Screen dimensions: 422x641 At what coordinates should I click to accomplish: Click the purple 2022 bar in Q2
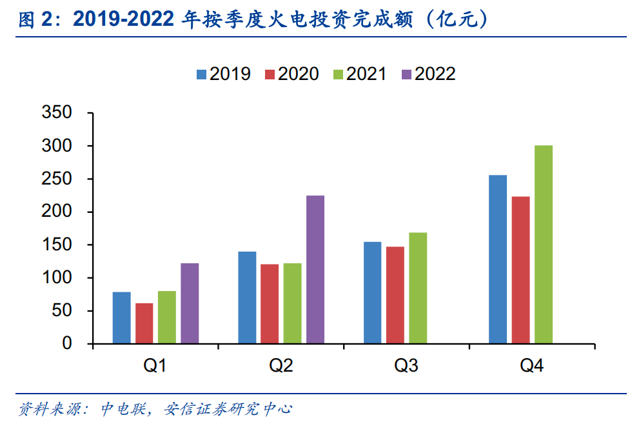(x=315, y=270)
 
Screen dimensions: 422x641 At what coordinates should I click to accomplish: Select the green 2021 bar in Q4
(x=544, y=245)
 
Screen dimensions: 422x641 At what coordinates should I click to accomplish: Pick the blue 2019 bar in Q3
(x=372, y=293)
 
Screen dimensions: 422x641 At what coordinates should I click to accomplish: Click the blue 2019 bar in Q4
(x=498, y=259)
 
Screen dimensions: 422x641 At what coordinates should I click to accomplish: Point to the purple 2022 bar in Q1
(x=190, y=303)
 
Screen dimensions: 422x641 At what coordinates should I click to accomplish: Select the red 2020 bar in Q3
(x=395, y=295)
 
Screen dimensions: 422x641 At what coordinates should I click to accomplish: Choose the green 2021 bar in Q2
(x=292, y=303)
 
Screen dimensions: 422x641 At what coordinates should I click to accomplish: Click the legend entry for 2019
(x=223, y=74)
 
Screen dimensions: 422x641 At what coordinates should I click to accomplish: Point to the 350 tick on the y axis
(x=57, y=113)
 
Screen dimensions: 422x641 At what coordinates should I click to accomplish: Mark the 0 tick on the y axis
(x=67, y=344)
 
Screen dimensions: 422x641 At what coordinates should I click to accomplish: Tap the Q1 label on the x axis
(x=155, y=367)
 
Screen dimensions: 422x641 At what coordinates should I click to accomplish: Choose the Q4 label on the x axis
(x=531, y=367)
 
